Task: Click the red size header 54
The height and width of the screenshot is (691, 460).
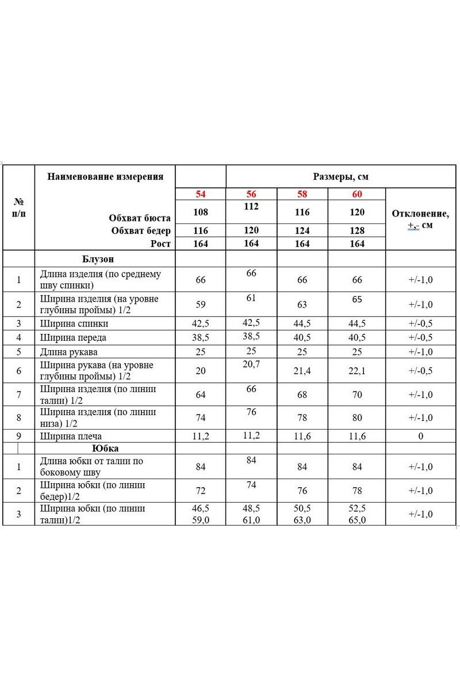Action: [x=200, y=194]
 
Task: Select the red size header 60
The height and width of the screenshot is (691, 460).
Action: [x=357, y=194]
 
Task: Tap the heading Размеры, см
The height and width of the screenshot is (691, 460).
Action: [x=340, y=177]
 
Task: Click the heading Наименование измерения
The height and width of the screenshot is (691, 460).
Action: [x=105, y=177]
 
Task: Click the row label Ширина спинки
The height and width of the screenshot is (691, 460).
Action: [x=74, y=324]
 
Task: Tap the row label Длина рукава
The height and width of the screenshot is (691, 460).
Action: [x=69, y=351]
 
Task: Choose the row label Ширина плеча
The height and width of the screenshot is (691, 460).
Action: [x=71, y=436]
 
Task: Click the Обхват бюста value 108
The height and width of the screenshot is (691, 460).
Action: [x=200, y=212]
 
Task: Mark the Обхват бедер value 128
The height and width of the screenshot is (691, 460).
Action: [x=357, y=231]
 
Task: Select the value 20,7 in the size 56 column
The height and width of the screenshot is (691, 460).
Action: [x=251, y=365]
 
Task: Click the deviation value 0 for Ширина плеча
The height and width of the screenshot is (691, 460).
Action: [x=420, y=436]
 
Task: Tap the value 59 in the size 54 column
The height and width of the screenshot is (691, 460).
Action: [x=200, y=305]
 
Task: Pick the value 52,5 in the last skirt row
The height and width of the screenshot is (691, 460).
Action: [x=357, y=509]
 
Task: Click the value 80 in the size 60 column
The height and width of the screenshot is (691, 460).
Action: [x=357, y=417]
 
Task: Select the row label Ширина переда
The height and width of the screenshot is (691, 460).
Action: [x=73, y=337]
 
